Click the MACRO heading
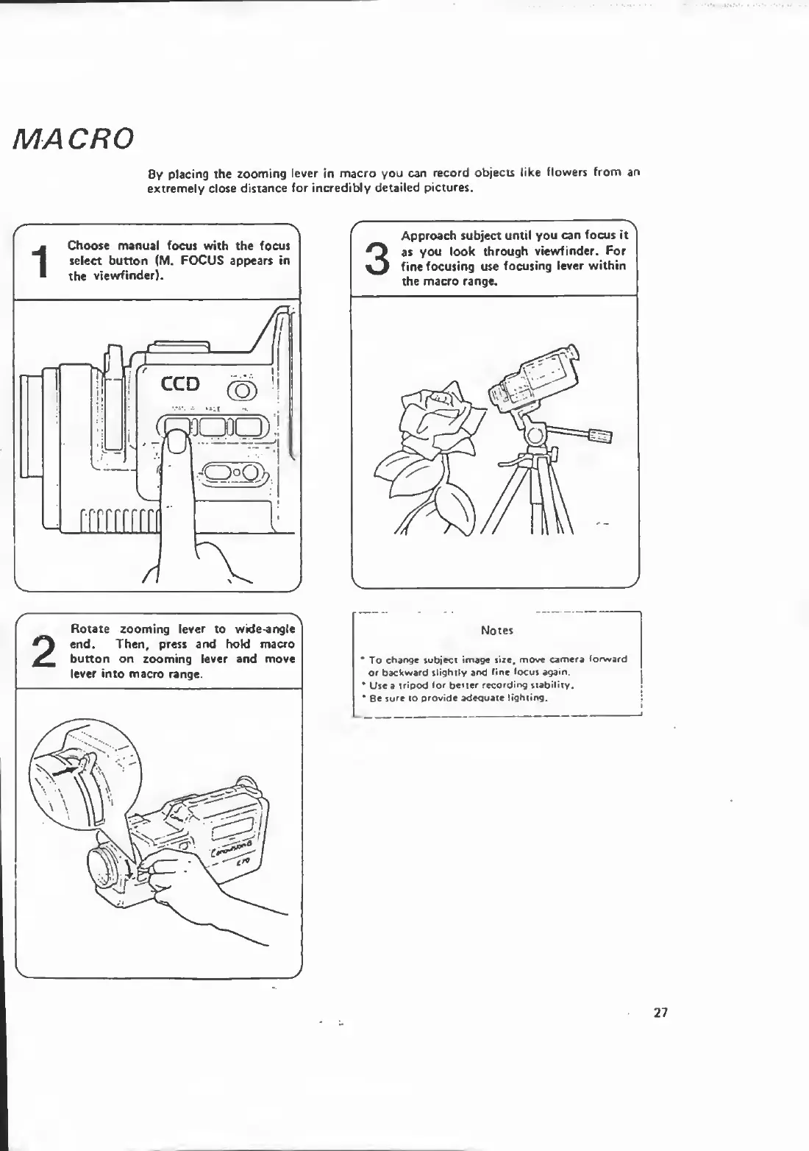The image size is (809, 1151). [x=73, y=138]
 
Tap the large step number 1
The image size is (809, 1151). [x=41, y=263]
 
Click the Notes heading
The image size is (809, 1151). [x=496, y=631]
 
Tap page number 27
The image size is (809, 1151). [x=660, y=1013]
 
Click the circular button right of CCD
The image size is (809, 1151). [x=240, y=389]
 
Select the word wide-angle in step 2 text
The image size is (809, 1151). [x=265, y=629]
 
